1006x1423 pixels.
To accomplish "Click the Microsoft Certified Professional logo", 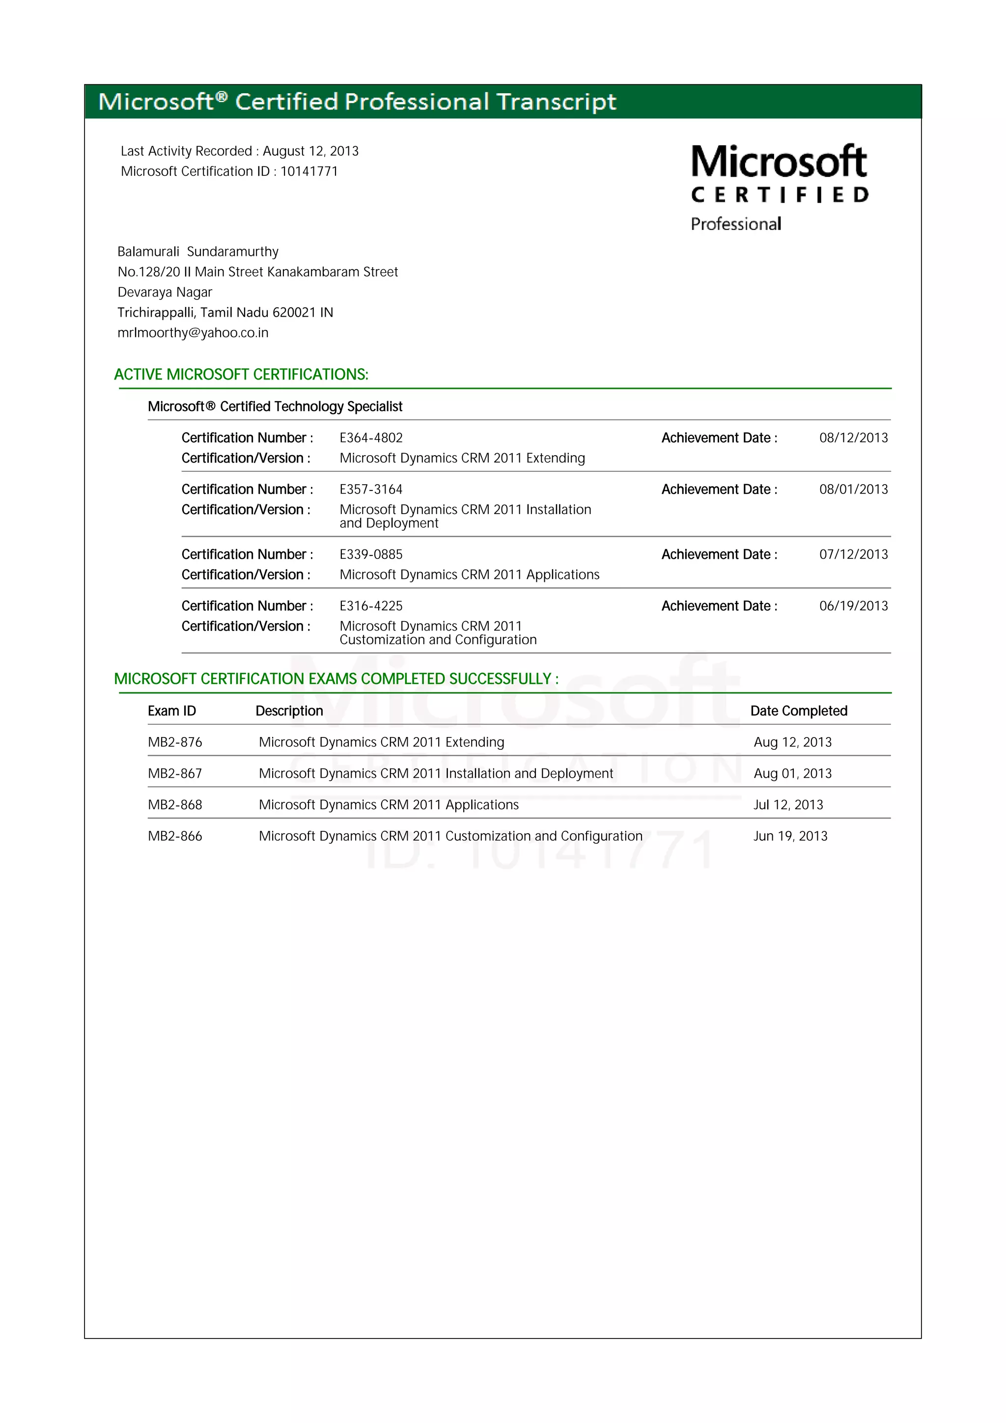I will point(779,187).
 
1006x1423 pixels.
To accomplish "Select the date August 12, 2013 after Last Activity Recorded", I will point(310,151).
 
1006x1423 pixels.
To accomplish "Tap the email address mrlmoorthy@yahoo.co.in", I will point(193,333).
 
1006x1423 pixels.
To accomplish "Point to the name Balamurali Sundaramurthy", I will point(198,251).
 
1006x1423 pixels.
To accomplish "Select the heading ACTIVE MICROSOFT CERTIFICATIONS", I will point(241,374).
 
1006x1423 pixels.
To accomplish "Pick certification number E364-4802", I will point(371,438).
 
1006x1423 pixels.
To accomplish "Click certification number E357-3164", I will point(371,490).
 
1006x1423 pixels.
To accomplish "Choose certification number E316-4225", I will point(371,606).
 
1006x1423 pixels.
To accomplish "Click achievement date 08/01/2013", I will point(853,490).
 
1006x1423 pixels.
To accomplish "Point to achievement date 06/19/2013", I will point(853,606).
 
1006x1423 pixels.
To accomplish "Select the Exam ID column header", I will point(172,711).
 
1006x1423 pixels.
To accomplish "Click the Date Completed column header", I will point(798,711).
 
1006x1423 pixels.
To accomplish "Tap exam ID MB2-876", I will point(175,742).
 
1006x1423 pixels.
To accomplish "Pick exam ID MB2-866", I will point(175,836).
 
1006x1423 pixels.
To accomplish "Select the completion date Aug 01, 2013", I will point(792,773).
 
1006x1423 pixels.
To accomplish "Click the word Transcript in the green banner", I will point(556,102).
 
